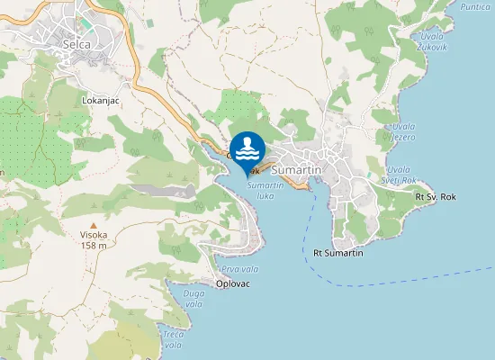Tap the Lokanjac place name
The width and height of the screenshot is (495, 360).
101,101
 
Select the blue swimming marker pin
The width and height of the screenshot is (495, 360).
247,149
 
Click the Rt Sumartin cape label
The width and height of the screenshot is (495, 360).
338,253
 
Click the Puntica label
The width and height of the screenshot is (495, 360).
476,6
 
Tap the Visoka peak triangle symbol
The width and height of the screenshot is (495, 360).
94,225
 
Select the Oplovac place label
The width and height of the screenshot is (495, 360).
233,284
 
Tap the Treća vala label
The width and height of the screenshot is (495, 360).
173,340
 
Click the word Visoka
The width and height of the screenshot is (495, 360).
94,235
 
